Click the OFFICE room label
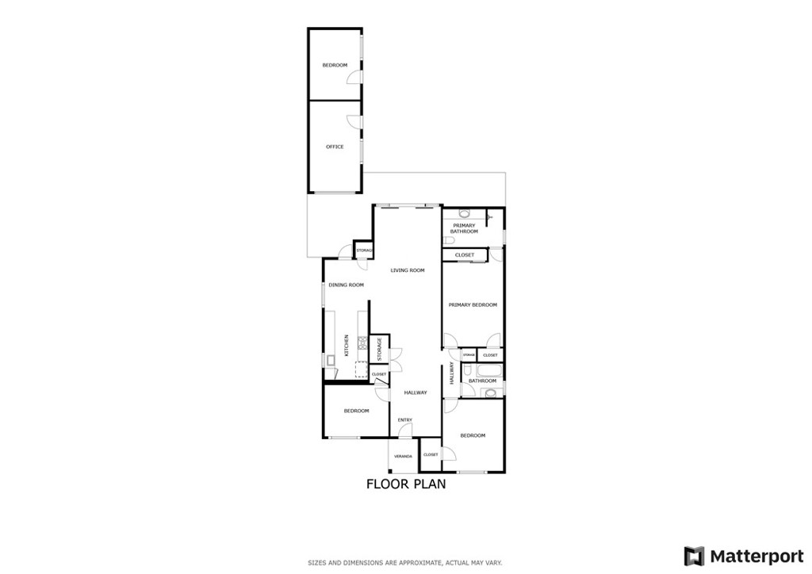click(335, 147)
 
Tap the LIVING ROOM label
click(408, 270)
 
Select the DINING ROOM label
click(346, 285)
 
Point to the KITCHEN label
click(347, 345)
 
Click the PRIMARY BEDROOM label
click(473, 304)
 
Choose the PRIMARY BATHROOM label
click(465, 228)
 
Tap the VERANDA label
click(403, 457)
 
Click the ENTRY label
click(404, 419)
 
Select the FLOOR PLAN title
click(406, 484)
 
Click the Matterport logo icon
click(694, 555)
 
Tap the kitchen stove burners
click(362, 343)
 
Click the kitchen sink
click(330, 362)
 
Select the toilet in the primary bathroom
click(448, 239)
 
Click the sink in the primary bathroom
click(465, 213)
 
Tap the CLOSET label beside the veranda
click(431, 454)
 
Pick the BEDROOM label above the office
click(335, 65)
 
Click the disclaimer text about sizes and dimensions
click(405, 563)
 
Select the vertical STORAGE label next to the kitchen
click(379, 347)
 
